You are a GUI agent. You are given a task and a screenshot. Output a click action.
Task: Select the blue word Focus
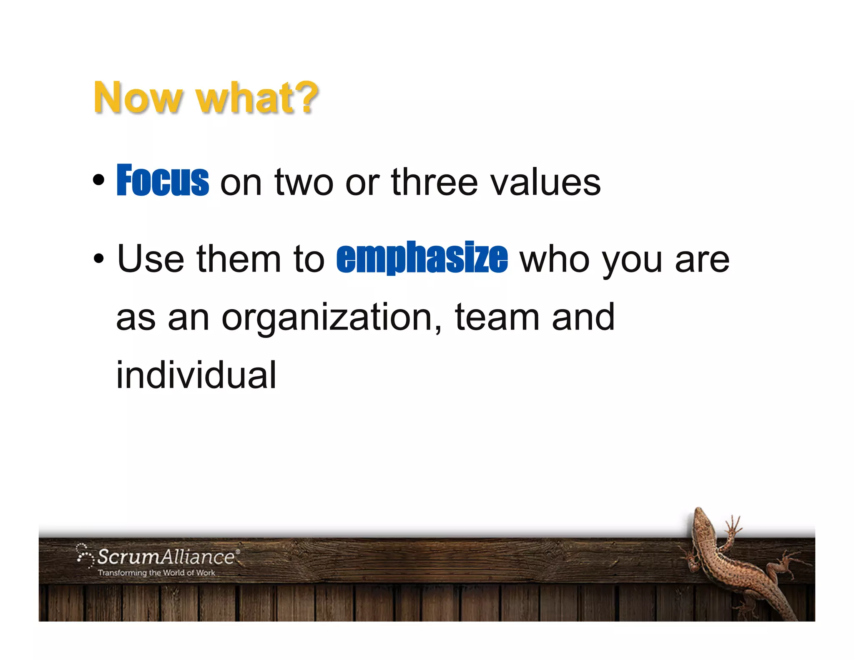pos(163,180)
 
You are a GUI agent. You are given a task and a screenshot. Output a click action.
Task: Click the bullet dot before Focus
pos(99,180)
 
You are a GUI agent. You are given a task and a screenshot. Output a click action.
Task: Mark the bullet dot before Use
pos(99,259)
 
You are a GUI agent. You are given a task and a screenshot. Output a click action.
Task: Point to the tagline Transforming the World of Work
pos(156,573)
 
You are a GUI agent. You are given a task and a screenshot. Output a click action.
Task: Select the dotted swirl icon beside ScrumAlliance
pos(85,555)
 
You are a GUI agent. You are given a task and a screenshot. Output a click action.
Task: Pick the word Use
pos(150,259)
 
